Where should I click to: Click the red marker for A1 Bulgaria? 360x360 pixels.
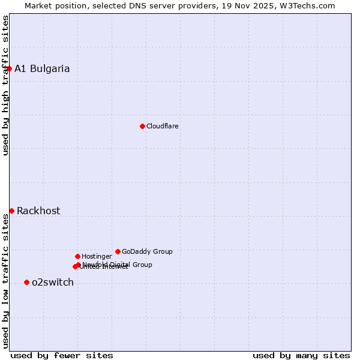pos(9,68)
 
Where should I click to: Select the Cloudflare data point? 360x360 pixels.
pos(142,126)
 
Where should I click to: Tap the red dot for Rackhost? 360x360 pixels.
pos(11,211)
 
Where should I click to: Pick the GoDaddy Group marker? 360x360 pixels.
pos(118,251)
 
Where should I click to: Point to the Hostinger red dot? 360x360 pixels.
pos(77,256)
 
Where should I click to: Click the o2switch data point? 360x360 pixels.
pos(26,282)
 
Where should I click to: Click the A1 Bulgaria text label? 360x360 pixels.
pos(42,68)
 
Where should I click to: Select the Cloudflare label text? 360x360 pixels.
pos(163,126)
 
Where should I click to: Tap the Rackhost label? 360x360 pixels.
pos(38,211)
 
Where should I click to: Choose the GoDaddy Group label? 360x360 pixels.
pos(147,251)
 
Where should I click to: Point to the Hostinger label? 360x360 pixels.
pos(97,256)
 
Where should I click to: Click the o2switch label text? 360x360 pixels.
pos(53,282)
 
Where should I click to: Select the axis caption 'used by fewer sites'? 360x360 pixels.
pos(62,355)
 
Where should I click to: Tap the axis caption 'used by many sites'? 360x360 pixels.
pos(301,355)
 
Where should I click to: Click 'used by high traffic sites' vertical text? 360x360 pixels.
pos(5,85)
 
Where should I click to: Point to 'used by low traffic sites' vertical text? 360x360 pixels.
pos(5,281)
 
